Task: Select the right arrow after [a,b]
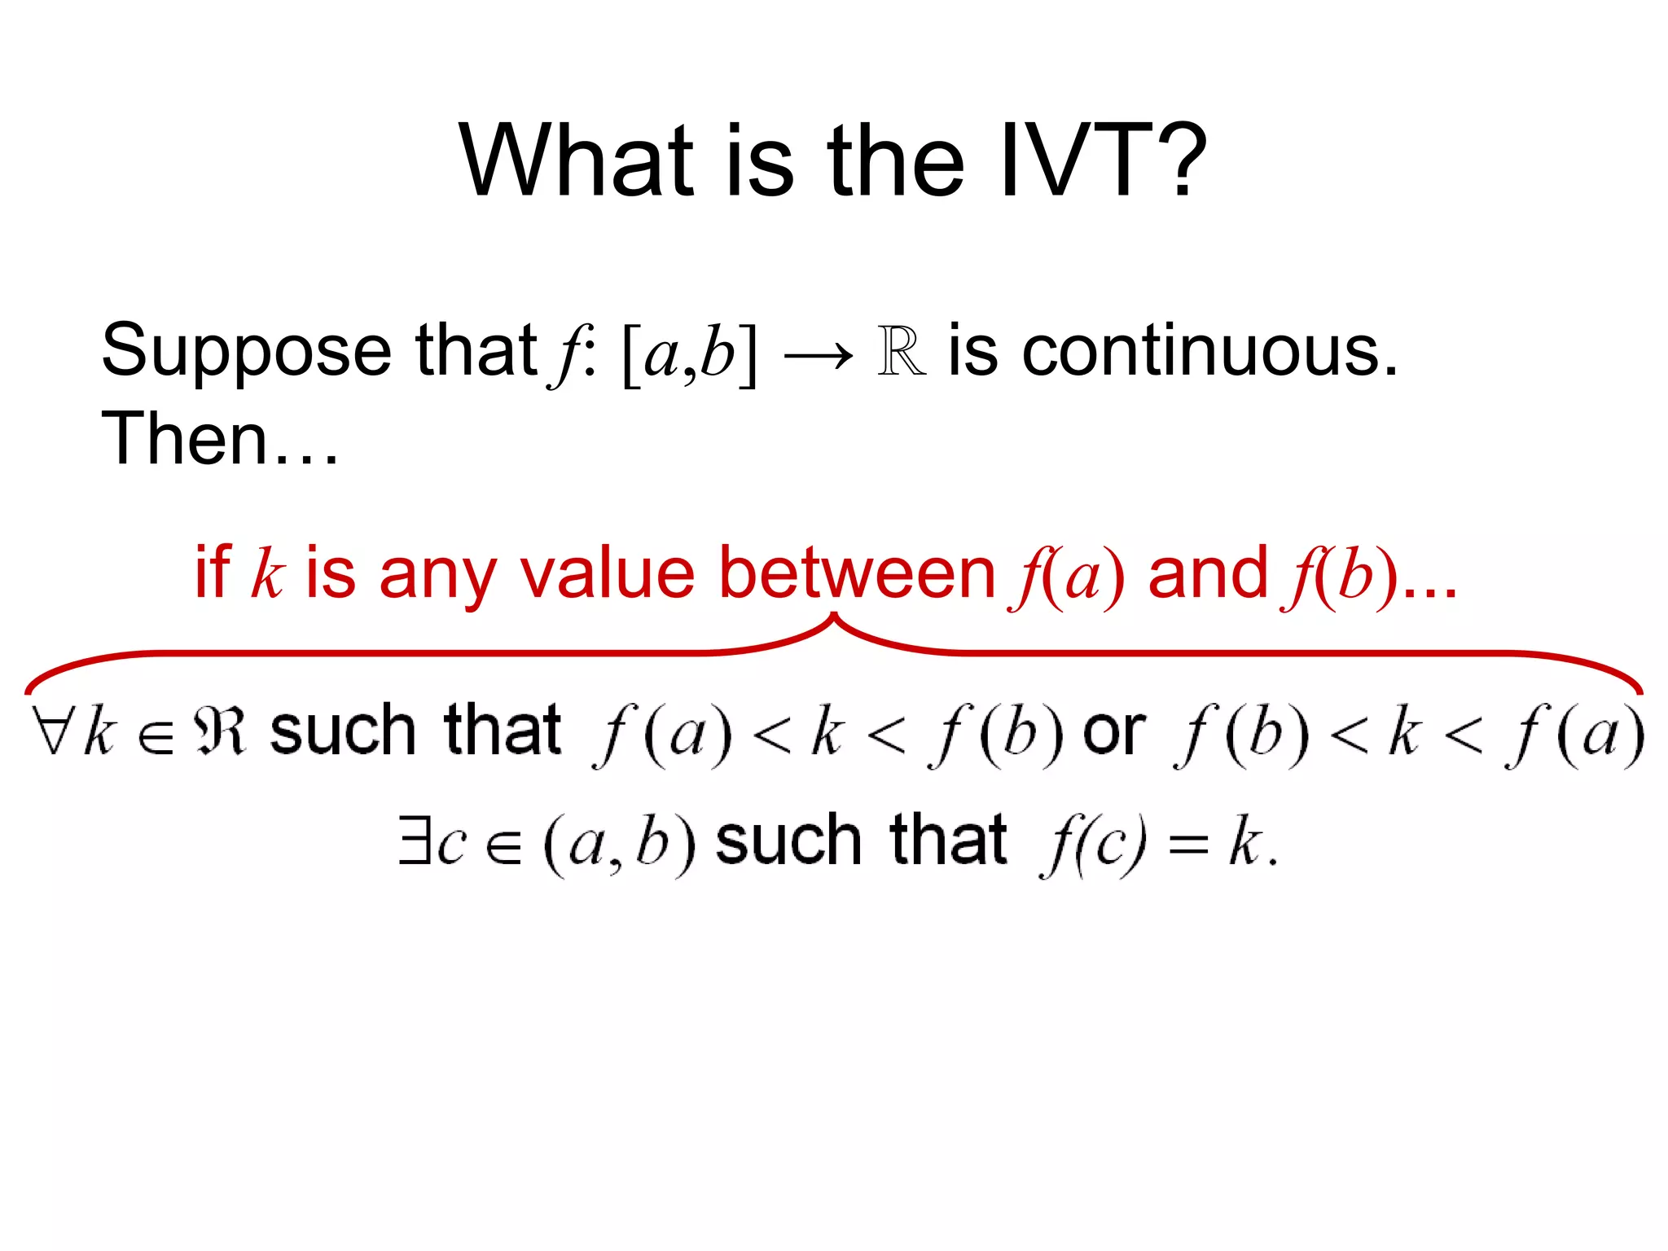click(x=818, y=355)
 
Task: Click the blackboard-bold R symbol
click(x=902, y=352)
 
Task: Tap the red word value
click(x=608, y=573)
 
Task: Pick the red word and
click(x=1207, y=573)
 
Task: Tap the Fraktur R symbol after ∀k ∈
click(x=219, y=731)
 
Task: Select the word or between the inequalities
click(x=1113, y=732)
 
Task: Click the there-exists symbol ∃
click(x=413, y=841)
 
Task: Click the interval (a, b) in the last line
click(x=619, y=844)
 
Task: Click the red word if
click(x=213, y=573)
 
